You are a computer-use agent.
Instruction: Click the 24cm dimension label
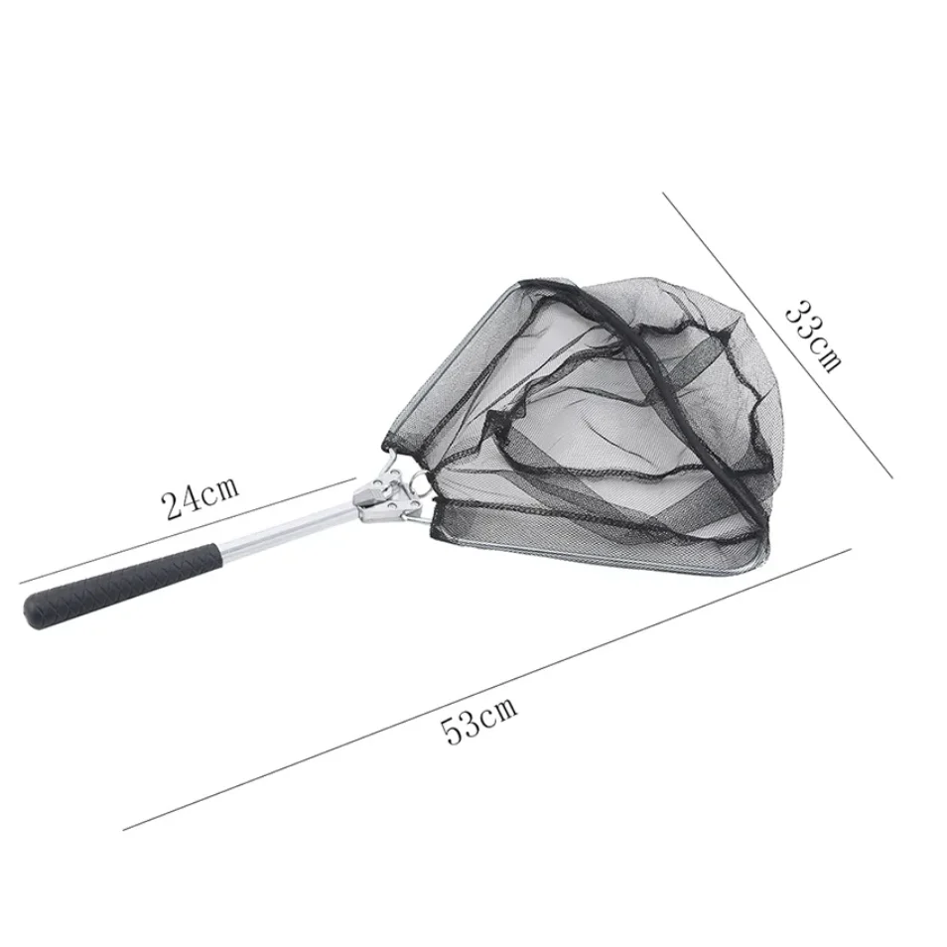(200, 499)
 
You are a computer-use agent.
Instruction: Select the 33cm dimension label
(813, 337)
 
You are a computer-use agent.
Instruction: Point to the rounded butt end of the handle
(35, 612)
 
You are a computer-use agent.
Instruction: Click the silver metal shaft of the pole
(288, 529)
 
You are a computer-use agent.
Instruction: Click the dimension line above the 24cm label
(188, 530)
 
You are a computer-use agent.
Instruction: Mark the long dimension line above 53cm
(486, 690)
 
